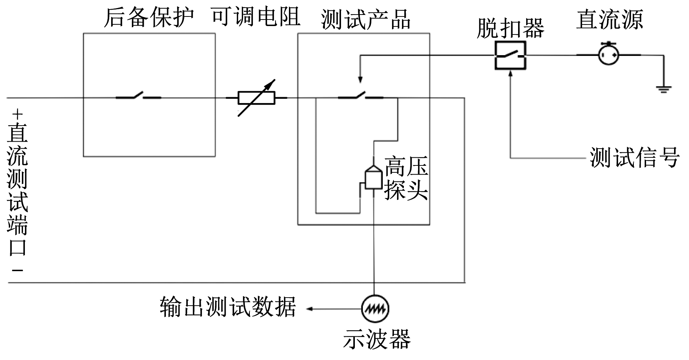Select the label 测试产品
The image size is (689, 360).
(x=366, y=19)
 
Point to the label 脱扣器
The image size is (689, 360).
(x=510, y=28)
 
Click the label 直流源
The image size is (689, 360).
(x=609, y=19)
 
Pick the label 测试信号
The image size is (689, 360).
(x=635, y=157)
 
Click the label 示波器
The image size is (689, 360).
(x=377, y=339)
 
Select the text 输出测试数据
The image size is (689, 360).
(x=228, y=307)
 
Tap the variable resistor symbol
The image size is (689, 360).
(x=256, y=98)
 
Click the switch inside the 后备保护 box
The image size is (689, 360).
(x=138, y=96)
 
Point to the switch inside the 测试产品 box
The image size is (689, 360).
(x=360, y=96)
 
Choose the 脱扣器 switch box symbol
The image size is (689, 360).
(x=510, y=56)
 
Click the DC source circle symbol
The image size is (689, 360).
(x=609, y=55)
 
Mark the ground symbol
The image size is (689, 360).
(x=663, y=89)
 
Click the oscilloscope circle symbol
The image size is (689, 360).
(x=375, y=308)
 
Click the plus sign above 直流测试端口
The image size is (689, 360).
(x=17, y=114)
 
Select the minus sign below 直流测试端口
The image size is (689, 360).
(x=17, y=270)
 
